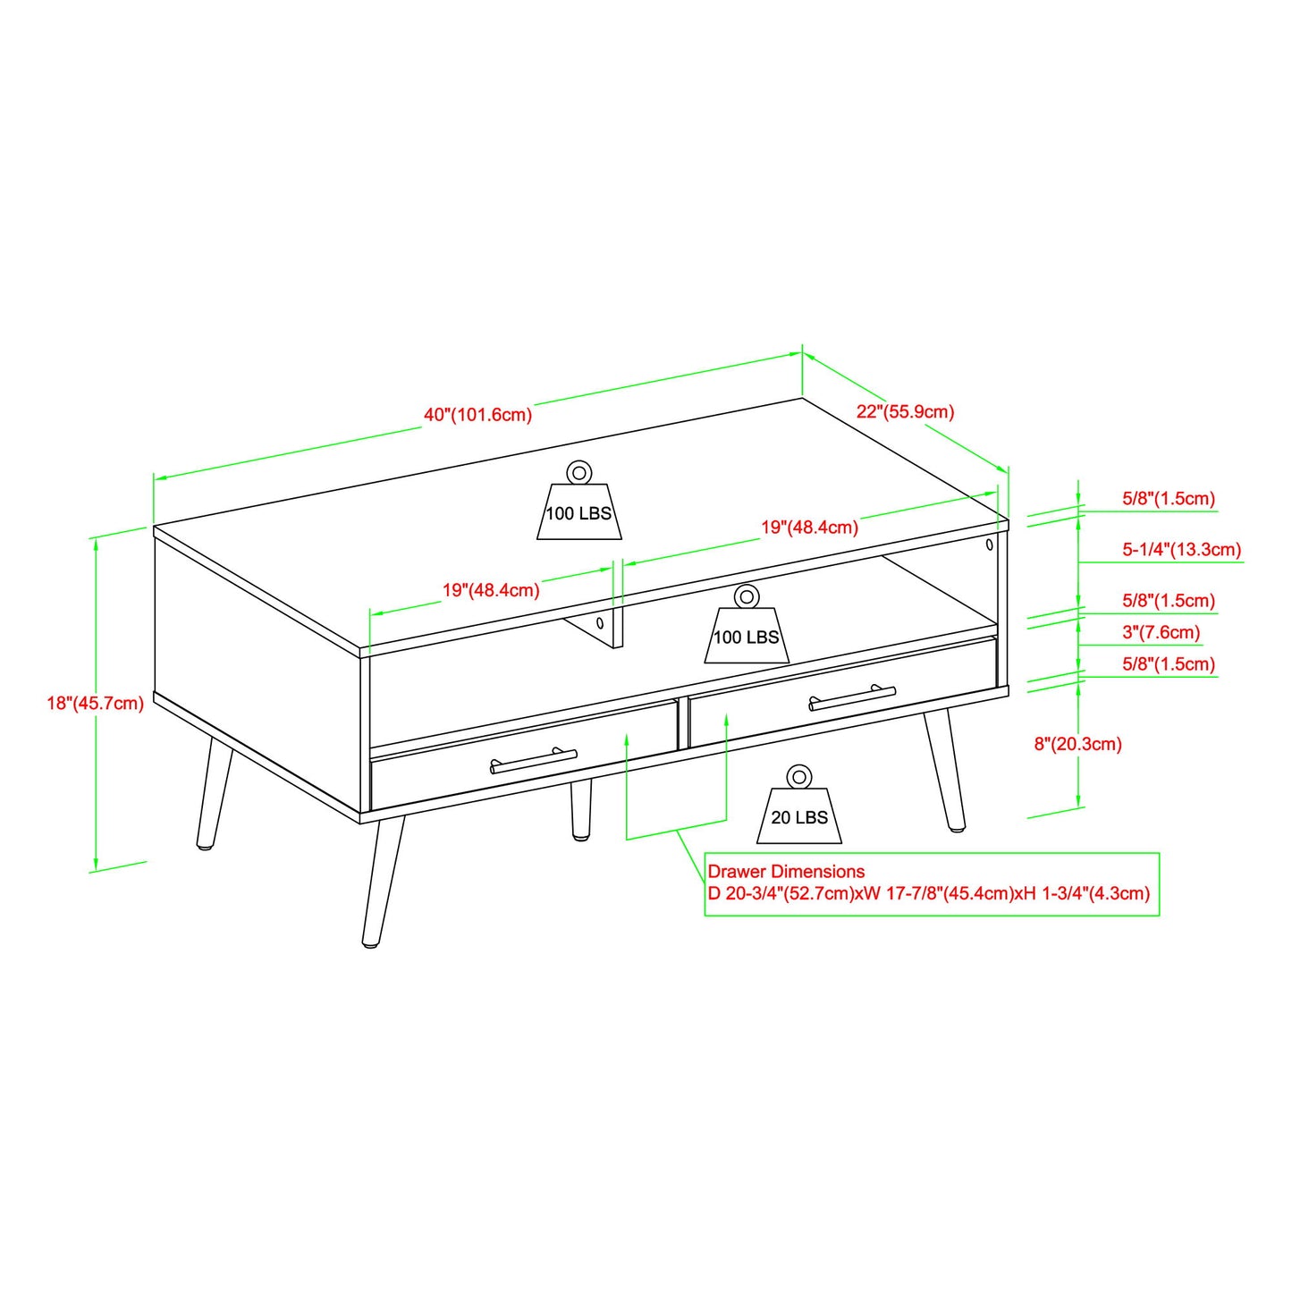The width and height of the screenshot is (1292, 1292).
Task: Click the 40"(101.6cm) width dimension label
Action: point(477,415)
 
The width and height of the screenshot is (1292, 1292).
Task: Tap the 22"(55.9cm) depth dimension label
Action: point(905,411)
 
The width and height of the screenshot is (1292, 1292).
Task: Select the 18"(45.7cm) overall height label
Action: point(95,703)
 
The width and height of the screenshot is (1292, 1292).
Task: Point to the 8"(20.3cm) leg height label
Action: point(1077,744)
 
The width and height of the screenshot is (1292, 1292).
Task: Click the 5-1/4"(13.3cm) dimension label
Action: point(1181,549)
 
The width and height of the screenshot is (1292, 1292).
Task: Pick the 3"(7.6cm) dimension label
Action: point(1161,632)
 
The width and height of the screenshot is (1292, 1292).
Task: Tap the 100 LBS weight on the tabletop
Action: point(578,512)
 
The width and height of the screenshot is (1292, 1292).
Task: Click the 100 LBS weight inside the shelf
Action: point(747,637)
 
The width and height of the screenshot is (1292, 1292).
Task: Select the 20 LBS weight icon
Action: point(799,816)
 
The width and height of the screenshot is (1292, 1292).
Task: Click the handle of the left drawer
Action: point(534,761)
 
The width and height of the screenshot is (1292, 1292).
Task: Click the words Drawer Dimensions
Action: point(786,871)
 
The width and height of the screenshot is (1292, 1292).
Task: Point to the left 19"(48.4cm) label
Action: point(491,590)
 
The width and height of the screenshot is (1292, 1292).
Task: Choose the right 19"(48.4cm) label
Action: point(809,527)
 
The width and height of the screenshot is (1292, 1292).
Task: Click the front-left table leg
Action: point(383,881)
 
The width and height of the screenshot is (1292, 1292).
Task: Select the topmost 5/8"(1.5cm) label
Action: point(1168,498)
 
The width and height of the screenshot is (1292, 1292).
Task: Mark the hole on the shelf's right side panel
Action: point(989,545)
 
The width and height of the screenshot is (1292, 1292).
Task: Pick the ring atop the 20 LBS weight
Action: point(798,777)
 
